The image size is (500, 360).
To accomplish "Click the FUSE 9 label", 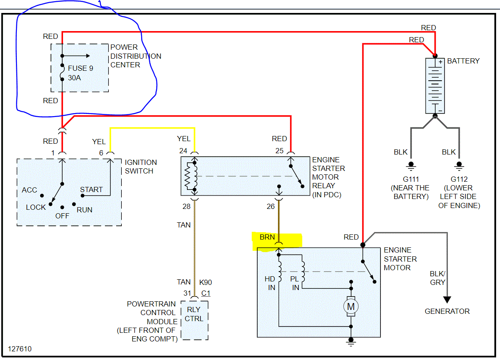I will coord(80,68).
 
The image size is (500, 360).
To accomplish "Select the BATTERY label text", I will coord(463,61).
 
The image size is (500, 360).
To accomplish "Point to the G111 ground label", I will coord(411,179).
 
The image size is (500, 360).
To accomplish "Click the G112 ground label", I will coord(459,179).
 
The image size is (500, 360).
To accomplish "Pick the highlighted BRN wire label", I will coord(267,237).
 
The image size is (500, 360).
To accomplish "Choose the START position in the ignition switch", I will coord(91,189).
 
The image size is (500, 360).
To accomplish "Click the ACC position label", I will coord(29,190).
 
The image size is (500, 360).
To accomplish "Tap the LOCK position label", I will coord(36,207).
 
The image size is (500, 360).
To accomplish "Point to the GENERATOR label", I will coord(447,311).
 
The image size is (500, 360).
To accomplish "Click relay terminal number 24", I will coord(184,151).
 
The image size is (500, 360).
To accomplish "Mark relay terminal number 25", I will coord(279,151).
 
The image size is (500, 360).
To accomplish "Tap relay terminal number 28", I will coord(186,207).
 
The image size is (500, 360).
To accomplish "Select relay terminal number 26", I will coord(270,207).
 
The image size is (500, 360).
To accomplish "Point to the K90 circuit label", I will coord(206,282).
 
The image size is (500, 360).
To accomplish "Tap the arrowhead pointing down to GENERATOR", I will coord(447,300).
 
